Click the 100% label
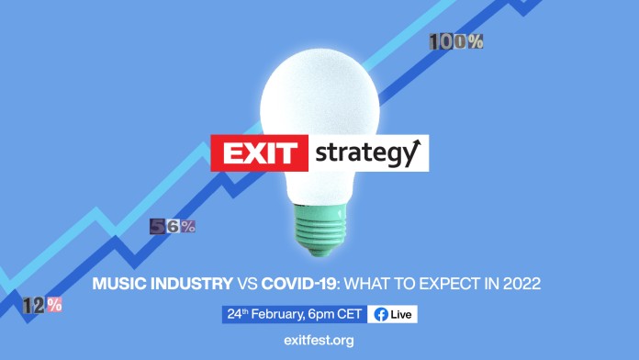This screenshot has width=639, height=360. tap(455, 41)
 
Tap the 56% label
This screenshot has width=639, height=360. tap(173, 227)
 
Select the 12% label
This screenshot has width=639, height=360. tap(42, 305)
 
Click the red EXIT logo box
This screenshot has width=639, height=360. tap(258, 153)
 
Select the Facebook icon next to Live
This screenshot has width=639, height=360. tap(380, 314)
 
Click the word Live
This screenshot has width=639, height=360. tap(401, 314)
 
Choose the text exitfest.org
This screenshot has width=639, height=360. tap(319, 341)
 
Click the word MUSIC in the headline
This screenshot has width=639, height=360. tap(118, 285)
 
